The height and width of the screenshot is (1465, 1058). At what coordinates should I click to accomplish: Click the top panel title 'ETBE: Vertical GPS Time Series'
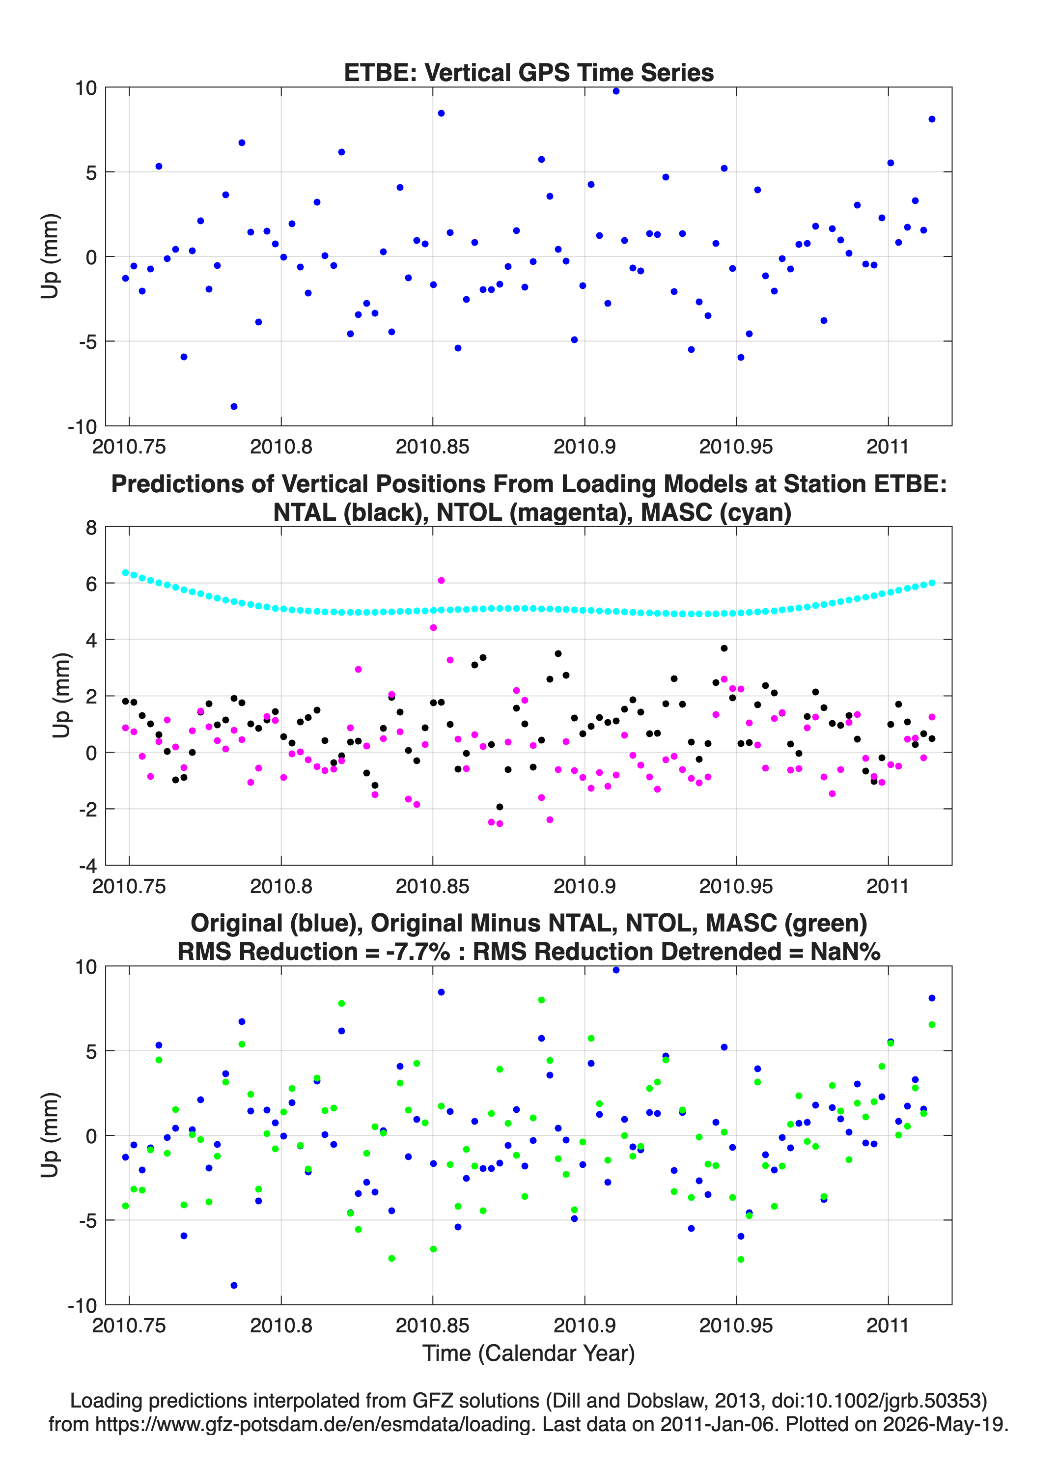pos(529,72)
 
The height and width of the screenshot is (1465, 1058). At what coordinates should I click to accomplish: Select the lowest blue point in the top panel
pos(234,406)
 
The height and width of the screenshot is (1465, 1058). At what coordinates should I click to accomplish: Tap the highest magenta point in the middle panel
pos(441,580)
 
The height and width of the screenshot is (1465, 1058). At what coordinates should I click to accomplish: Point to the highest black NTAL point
pos(724,648)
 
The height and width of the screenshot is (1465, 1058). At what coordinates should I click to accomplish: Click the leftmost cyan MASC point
pos(125,572)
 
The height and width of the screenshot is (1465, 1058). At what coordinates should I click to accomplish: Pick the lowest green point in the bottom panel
pos(741,1259)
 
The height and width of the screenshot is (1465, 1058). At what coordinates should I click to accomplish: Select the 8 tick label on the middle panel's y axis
pos(90,528)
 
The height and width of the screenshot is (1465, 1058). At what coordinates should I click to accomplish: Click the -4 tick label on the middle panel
pos(87,866)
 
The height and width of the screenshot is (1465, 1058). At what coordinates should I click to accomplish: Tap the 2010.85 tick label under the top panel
pos(432,447)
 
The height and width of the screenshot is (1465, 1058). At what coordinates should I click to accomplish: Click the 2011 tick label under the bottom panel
pos(888,1325)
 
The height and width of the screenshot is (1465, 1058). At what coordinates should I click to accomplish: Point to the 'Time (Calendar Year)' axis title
pos(529,1352)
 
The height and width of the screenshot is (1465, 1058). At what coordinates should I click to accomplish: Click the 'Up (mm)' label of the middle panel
pos(61,696)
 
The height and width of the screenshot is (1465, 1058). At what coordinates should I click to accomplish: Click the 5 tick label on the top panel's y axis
pos(91,172)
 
